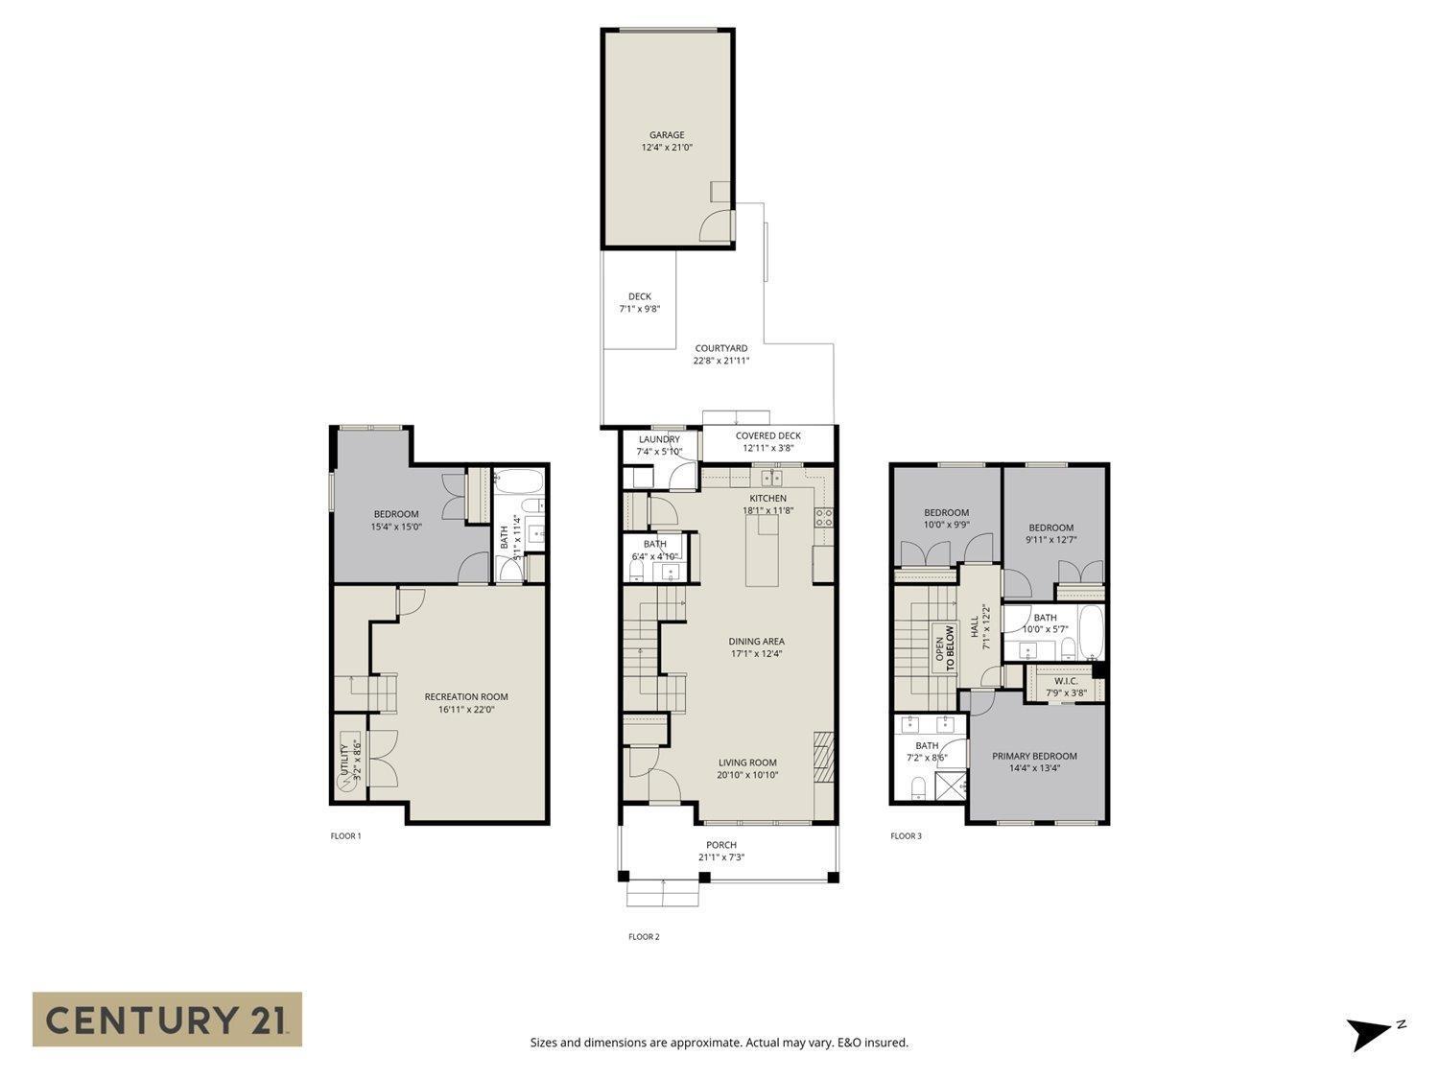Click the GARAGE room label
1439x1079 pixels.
tap(667, 135)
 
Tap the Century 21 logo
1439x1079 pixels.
tap(167, 1019)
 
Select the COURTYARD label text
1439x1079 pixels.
tap(720, 348)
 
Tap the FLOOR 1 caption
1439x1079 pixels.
tap(345, 836)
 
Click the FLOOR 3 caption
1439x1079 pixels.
tap(906, 836)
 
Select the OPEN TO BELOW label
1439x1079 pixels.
tap(945, 648)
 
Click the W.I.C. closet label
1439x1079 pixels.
tap(1066, 681)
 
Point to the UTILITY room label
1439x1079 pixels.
tap(344, 760)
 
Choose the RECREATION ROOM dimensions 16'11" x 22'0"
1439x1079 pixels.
tap(466, 710)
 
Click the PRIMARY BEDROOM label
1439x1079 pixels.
tap(1034, 756)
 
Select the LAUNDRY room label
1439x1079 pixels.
tap(659, 439)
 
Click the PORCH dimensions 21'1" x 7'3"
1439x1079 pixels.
tap(720, 857)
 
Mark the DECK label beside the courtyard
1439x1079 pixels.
tap(639, 296)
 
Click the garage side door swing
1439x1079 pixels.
tap(716, 225)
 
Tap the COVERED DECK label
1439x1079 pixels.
tap(767, 435)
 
